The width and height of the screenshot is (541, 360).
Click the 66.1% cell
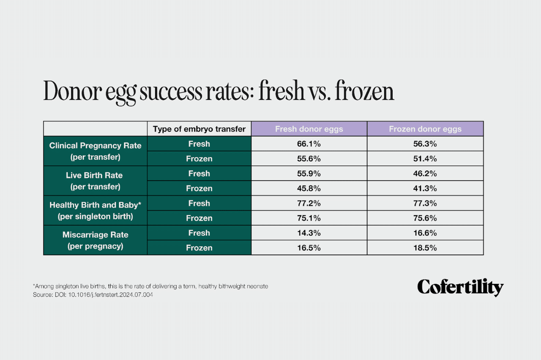309,144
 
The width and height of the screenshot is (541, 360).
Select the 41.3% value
425,188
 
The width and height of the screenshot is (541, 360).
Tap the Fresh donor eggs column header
309,129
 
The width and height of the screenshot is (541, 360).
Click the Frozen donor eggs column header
425,129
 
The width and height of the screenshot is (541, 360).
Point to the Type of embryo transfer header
199,129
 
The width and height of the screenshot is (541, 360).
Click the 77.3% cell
425,203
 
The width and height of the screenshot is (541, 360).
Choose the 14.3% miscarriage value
309,233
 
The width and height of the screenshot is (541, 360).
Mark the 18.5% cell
425,248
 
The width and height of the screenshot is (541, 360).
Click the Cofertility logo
460,287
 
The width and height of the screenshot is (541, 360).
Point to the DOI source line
93,295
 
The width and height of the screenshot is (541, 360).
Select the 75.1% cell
309,218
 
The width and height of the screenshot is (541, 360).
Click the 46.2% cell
425,173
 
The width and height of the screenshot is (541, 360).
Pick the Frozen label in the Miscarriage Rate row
199,248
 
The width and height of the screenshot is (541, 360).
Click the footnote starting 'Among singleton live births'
150,286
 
